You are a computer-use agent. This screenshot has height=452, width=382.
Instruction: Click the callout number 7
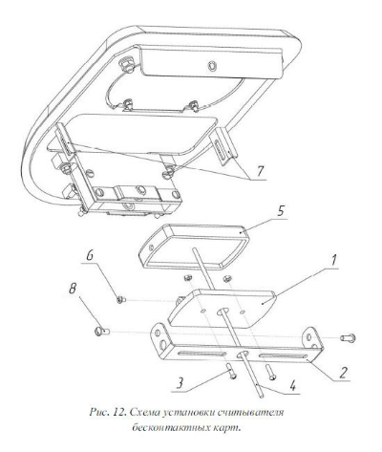coord(261,171)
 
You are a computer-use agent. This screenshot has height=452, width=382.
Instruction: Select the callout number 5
coord(280,211)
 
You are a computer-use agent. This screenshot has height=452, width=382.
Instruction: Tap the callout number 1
coord(332,261)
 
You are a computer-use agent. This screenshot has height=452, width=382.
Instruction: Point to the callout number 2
coord(343,373)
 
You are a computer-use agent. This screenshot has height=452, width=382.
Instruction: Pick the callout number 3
coord(180,383)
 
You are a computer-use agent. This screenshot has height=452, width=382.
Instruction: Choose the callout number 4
coord(291,386)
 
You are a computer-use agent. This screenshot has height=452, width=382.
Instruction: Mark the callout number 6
coord(90,256)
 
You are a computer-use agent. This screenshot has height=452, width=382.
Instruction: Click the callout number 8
coord(73,290)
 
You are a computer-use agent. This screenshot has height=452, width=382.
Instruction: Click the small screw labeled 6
coord(121,299)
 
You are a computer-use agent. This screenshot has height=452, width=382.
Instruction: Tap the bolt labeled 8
coord(102,332)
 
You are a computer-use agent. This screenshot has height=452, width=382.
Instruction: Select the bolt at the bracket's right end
coord(348,338)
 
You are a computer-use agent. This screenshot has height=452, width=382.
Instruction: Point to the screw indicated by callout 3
coord(232,372)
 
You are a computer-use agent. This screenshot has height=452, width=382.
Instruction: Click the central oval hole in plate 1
coord(223,312)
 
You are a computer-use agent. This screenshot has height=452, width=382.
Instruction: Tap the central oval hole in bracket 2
coord(243,354)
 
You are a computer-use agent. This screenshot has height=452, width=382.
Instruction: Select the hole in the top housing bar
coord(212,66)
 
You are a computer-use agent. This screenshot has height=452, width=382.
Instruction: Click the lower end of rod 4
coord(262,396)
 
